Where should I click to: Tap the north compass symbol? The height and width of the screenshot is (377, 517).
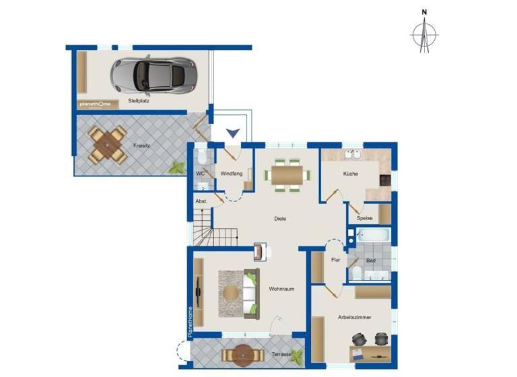[424, 32]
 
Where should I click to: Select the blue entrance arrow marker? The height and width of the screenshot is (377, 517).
[232, 133]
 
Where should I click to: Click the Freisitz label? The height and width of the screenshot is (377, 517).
[141, 145]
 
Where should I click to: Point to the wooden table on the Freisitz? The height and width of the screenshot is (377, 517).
[108, 143]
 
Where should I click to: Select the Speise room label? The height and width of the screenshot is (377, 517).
[365, 218]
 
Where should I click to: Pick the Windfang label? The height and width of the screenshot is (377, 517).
[231, 174]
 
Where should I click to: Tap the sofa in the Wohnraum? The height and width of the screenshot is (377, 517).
[251, 293]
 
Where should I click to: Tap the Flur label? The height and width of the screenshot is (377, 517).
[335, 260]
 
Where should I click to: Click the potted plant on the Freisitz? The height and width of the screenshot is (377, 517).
[176, 167]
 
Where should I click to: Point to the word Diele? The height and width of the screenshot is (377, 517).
[281, 218]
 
